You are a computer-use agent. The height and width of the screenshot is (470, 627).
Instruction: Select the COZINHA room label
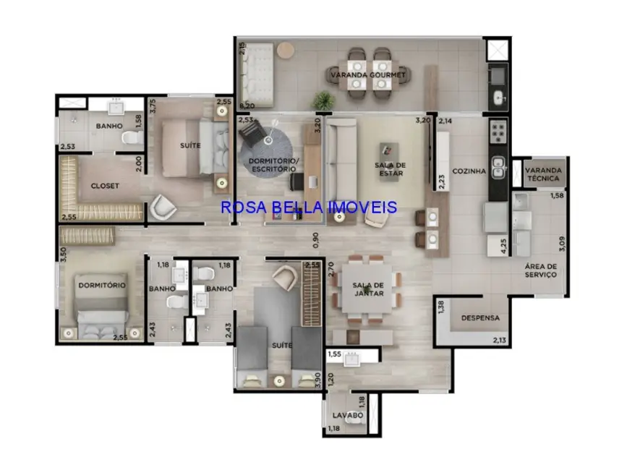click(x=469, y=171)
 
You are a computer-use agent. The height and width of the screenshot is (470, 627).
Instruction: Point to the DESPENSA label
click(x=479, y=317)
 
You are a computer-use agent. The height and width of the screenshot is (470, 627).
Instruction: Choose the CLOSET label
click(x=105, y=186)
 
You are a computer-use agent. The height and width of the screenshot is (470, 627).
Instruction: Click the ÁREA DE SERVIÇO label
click(x=541, y=270)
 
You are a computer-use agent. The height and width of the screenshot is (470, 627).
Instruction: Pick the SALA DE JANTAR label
click(x=367, y=289)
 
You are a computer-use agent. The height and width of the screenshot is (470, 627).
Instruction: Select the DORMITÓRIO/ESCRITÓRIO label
click(x=272, y=164)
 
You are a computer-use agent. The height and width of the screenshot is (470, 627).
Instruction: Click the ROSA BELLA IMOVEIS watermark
click(x=310, y=208)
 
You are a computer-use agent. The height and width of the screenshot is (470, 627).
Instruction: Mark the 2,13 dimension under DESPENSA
click(x=500, y=340)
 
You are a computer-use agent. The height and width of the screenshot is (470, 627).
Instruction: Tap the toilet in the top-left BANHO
click(x=128, y=137)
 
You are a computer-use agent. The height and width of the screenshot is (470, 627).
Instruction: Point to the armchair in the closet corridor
click(x=163, y=208)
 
